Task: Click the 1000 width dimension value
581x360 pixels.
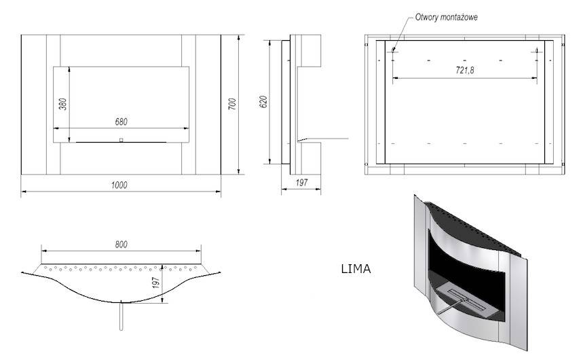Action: coord(120,185)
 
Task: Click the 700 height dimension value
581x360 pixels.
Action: coord(232,104)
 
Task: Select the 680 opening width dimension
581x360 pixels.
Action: coord(122,122)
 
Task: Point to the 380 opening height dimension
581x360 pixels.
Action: coord(62,104)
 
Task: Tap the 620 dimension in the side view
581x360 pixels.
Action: coord(264,101)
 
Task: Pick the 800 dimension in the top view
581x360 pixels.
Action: coord(121,244)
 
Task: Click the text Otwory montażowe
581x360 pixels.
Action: coord(446,17)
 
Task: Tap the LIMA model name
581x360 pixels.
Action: coord(356,269)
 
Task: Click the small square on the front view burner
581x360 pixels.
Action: coord(121,140)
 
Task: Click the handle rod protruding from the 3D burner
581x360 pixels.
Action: coord(449,307)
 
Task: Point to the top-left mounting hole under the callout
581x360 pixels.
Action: coord(394,49)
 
